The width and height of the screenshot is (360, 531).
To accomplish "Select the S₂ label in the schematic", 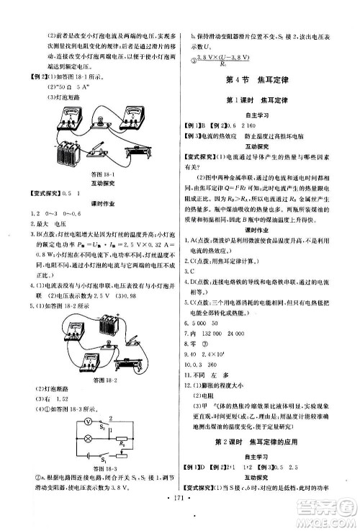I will [102, 426].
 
